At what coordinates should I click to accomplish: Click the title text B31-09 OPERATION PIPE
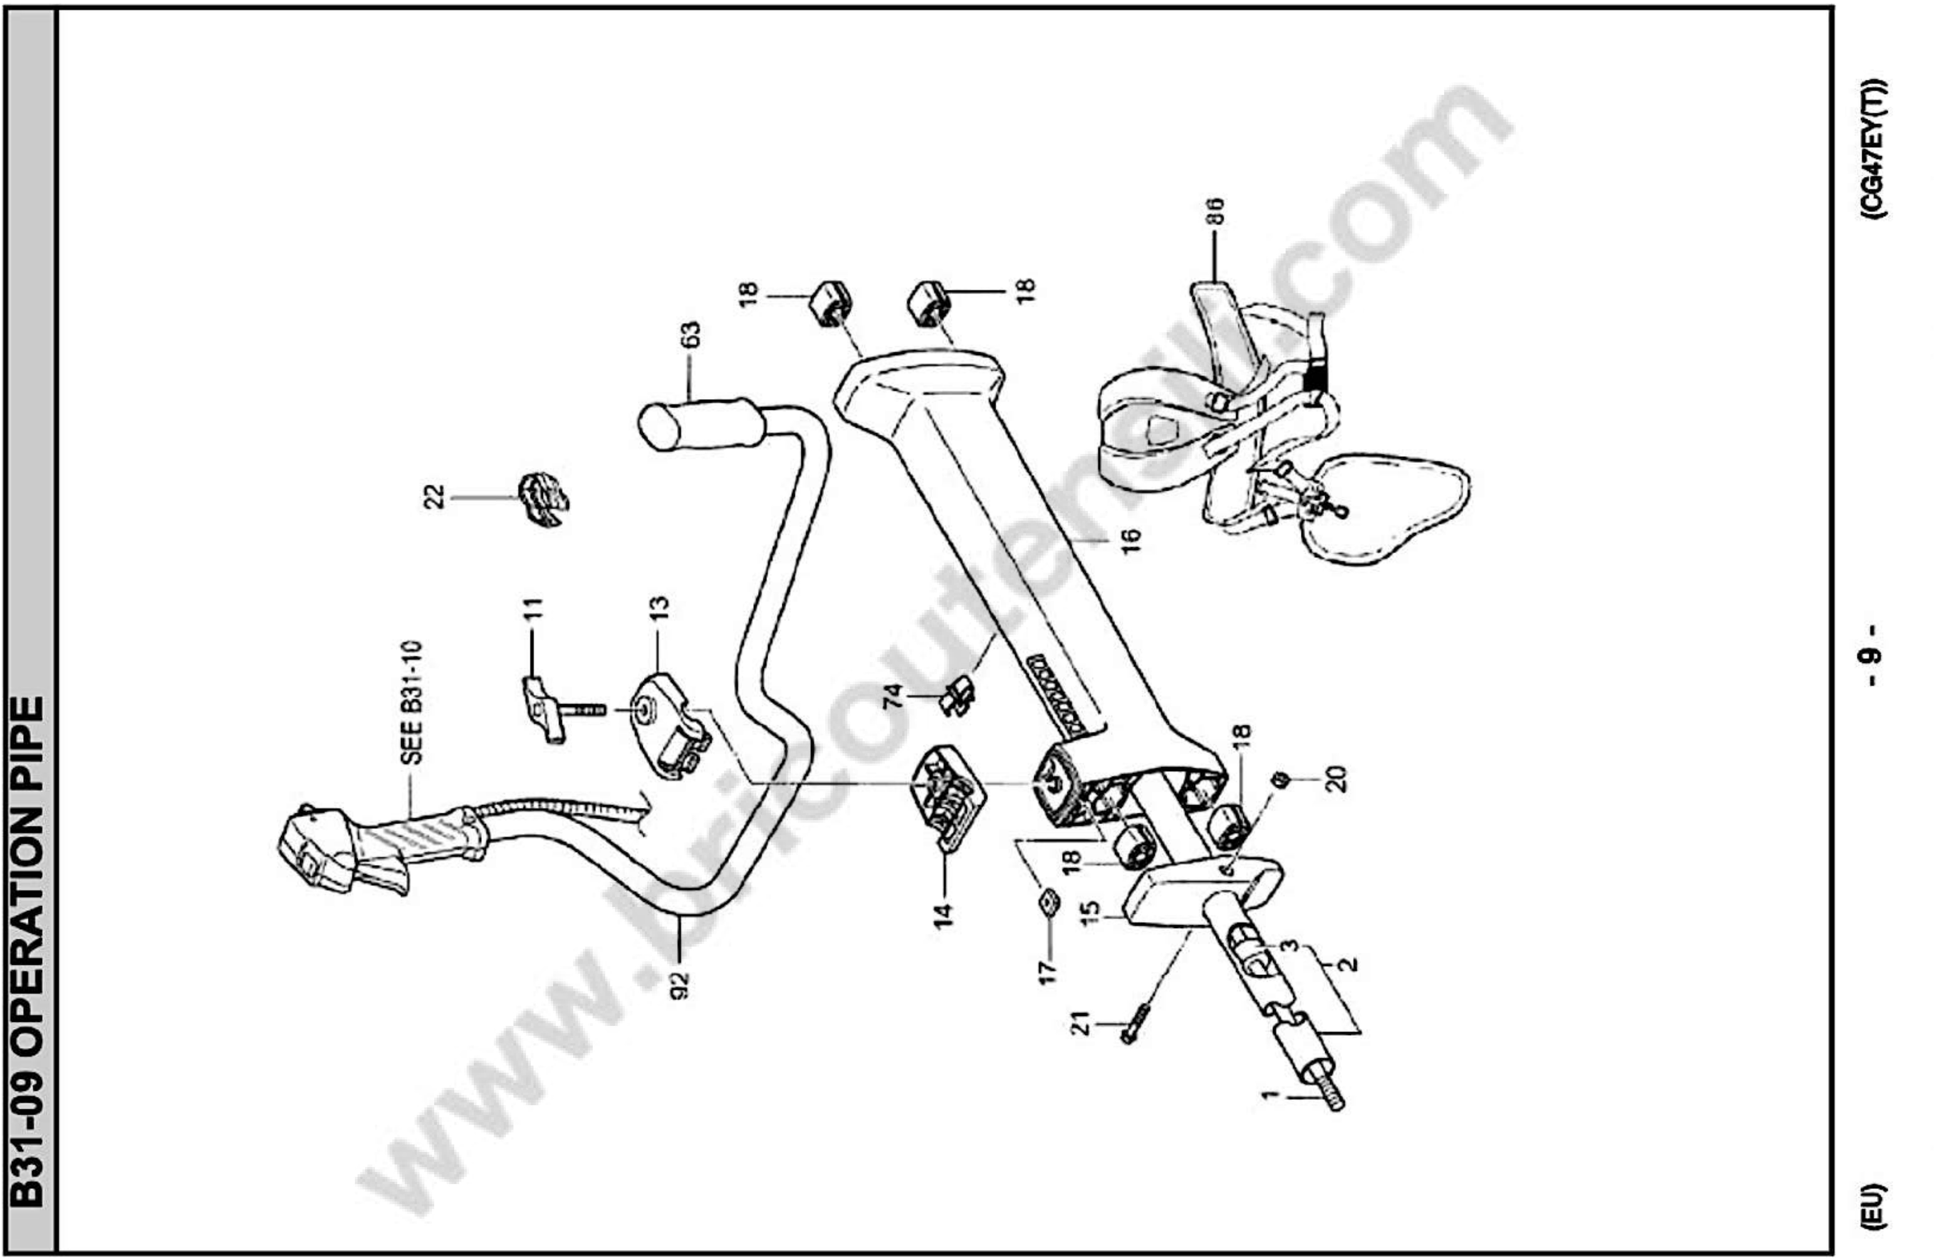(30, 950)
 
